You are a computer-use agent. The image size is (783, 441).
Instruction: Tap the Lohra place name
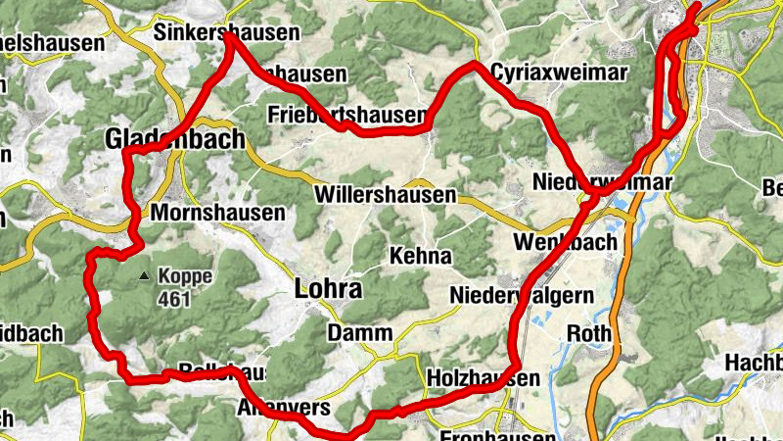coord(328,290)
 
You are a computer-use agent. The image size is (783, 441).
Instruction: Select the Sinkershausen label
coord(227,32)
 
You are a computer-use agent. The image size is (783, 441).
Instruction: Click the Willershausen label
coord(386,195)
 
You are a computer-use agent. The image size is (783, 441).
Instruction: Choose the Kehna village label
coord(421,257)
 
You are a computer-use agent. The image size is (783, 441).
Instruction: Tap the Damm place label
coord(360,334)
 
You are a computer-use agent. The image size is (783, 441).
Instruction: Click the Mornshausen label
coord(219,213)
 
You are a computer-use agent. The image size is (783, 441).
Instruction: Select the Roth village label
coord(589,334)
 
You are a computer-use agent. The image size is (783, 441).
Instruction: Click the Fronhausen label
coord(499,434)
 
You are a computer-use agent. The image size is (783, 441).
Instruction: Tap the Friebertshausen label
coord(346,116)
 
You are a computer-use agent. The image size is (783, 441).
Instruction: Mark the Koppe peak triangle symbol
coord(144,276)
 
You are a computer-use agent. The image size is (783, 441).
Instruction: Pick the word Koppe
coord(184,277)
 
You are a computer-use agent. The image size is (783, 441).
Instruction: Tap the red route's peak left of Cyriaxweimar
coord(475,66)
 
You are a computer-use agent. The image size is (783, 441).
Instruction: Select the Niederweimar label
coord(602,183)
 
